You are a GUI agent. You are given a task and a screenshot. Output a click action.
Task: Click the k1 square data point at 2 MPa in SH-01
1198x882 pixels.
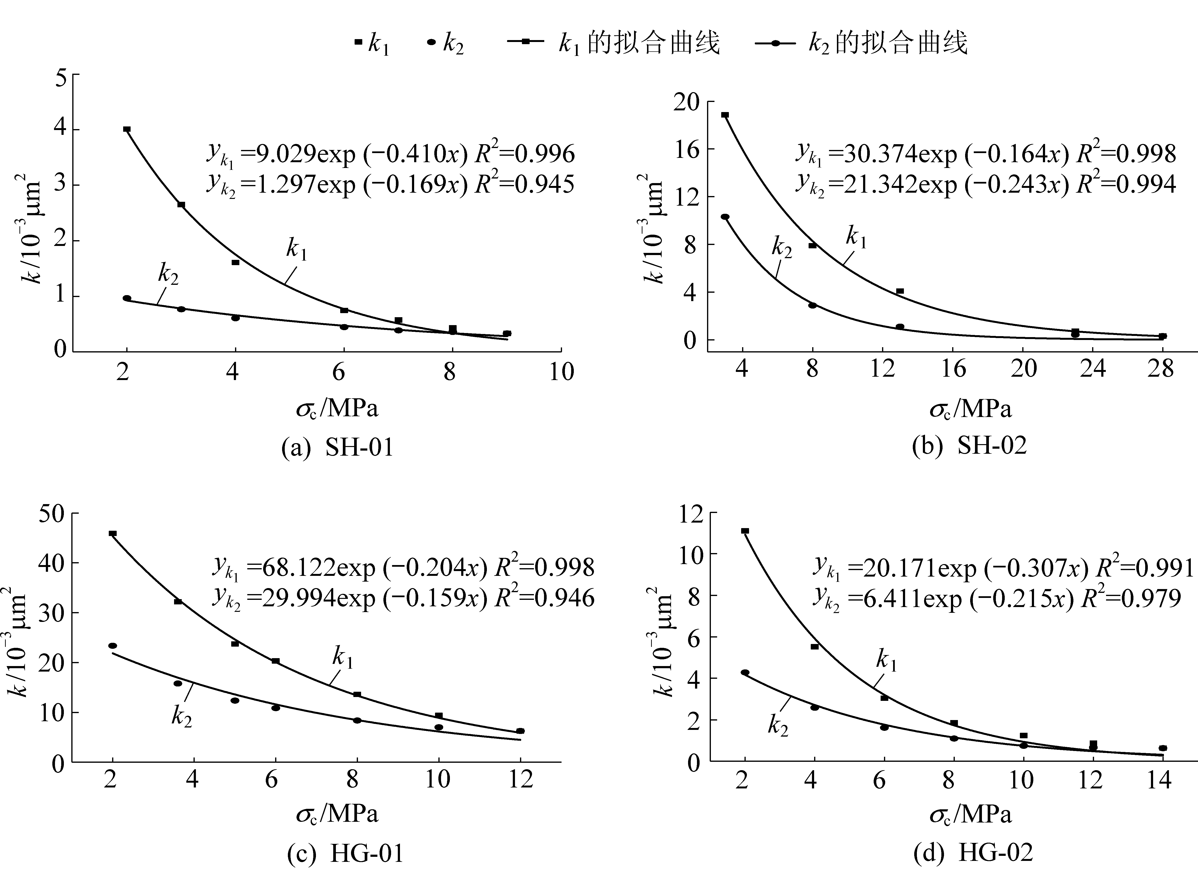(127, 129)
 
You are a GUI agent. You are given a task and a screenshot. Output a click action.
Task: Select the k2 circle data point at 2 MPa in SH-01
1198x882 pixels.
(127, 298)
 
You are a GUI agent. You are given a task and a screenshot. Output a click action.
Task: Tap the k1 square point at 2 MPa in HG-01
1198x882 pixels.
(112, 533)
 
